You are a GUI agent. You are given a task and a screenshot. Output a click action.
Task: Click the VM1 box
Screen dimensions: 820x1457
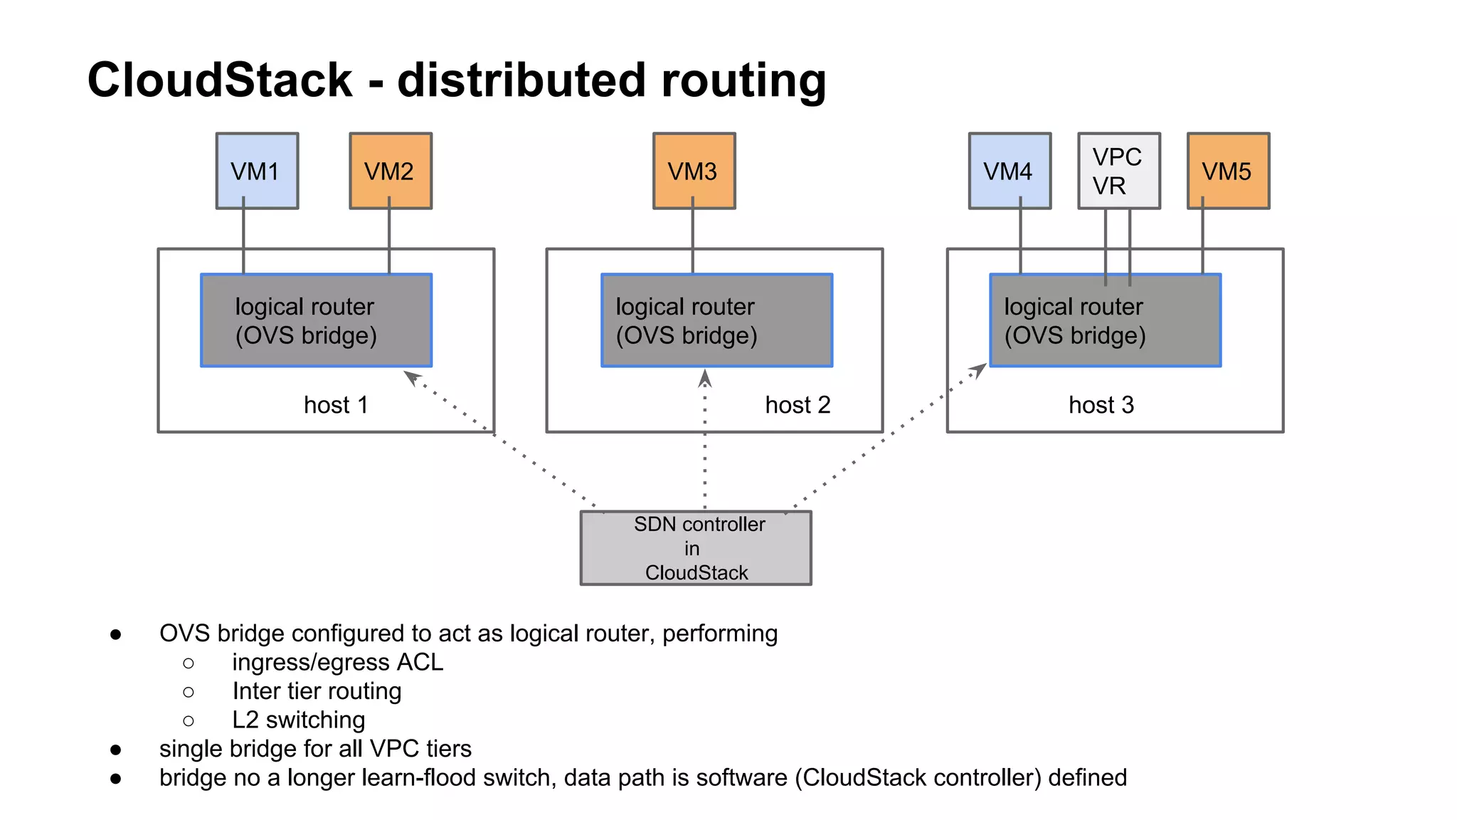(257, 171)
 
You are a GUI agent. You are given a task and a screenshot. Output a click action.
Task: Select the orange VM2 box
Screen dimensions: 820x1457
(390, 171)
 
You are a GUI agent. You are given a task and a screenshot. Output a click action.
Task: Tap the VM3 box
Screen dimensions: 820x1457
(694, 171)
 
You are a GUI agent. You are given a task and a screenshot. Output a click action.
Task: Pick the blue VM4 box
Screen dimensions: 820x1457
(1009, 171)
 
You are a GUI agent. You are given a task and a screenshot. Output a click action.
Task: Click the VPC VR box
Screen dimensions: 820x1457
(1118, 171)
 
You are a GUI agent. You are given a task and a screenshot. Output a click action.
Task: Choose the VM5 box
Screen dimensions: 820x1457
(1228, 171)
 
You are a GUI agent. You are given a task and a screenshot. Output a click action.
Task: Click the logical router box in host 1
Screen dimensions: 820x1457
(316, 320)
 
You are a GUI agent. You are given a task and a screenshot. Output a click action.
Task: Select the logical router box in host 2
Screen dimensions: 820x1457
(716, 320)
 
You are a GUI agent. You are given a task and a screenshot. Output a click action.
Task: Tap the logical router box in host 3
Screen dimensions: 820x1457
(1105, 320)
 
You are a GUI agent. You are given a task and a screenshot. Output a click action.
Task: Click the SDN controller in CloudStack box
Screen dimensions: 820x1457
(695, 548)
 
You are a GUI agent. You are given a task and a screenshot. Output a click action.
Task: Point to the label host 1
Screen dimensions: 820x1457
(336, 405)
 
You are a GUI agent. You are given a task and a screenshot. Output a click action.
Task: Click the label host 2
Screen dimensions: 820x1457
(798, 405)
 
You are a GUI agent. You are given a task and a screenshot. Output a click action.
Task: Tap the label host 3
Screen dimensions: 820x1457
(1101, 405)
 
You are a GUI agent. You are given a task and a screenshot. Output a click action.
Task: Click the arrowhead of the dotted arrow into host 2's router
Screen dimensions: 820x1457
(704, 377)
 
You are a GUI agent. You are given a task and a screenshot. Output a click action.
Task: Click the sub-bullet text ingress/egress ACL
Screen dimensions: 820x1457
(337, 662)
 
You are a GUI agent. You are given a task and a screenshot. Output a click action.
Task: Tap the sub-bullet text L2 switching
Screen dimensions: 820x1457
(298, 720)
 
